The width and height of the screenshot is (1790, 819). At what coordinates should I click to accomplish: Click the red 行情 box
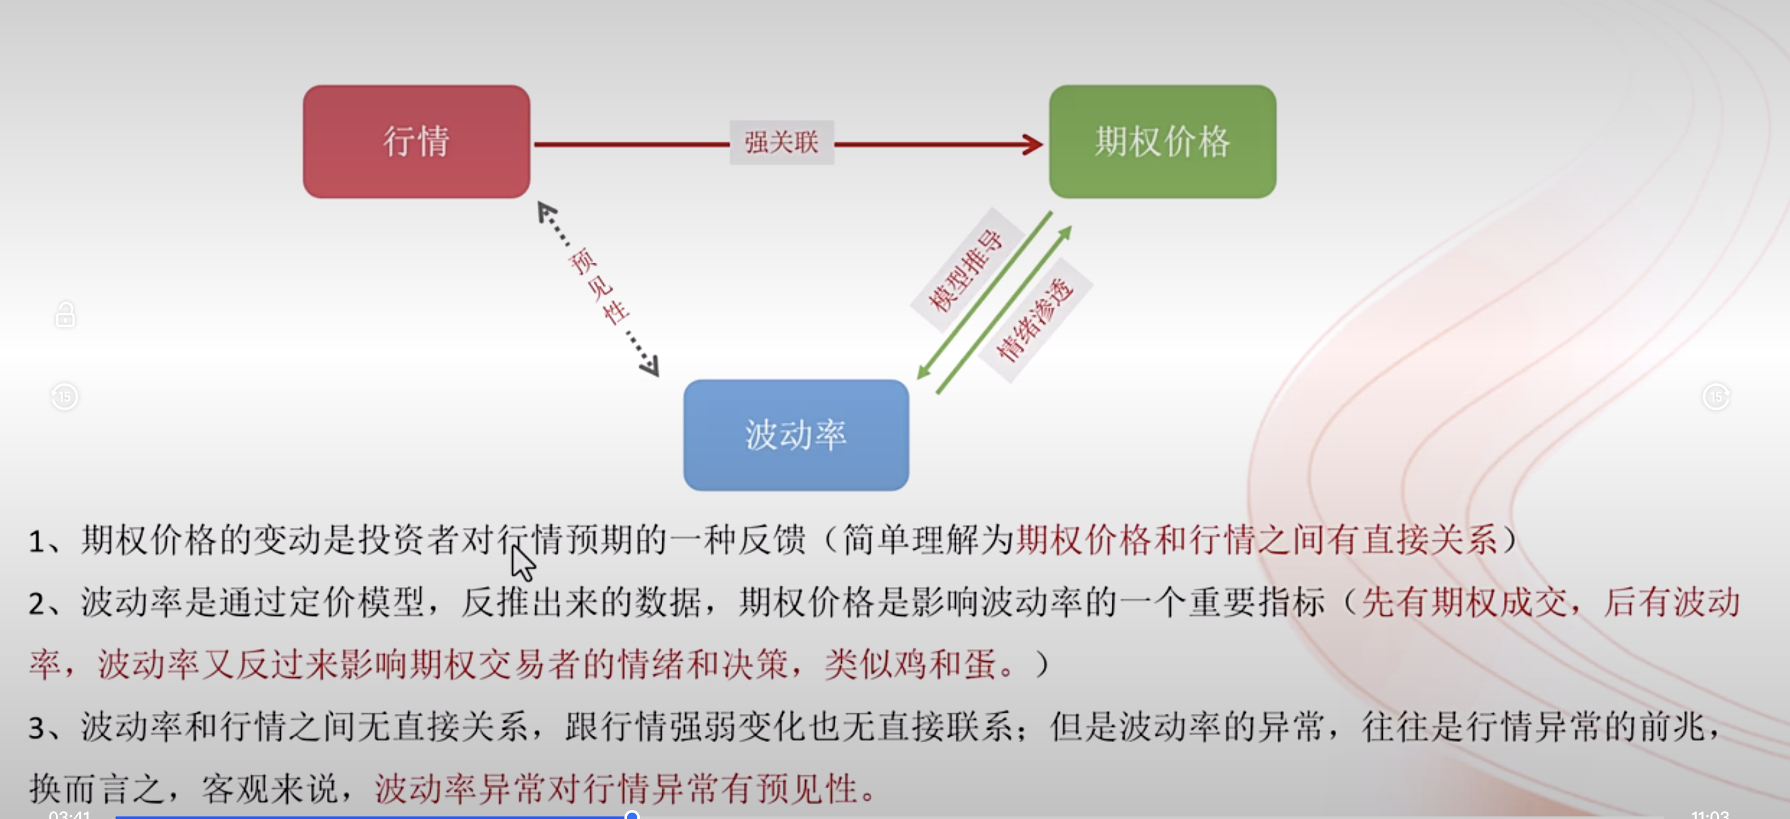(416, 142)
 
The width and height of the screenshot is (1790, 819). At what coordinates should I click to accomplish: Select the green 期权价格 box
(1162, 142)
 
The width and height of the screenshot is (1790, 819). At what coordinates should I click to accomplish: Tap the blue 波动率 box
(796, 435)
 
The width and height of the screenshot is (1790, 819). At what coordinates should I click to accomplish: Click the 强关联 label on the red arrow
(781, 142)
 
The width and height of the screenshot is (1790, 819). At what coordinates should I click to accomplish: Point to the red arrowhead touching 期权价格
(1033, 144)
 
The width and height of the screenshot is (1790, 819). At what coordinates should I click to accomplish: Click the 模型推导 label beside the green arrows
(966, 270)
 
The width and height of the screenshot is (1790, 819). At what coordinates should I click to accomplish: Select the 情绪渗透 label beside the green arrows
(1035, 320)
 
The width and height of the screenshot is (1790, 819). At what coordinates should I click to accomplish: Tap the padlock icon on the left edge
(65, 315)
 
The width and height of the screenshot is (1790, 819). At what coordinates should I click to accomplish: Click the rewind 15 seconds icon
(65, 397)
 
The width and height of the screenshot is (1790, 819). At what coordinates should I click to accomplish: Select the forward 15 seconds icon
(1716, 397)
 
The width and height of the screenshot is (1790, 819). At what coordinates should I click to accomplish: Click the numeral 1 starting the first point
(36, 541)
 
